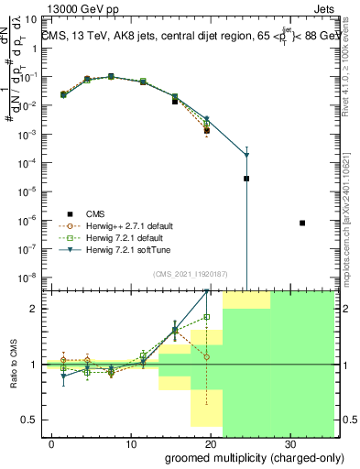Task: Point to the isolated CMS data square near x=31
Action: [x=302, y=223]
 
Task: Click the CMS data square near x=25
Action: [x=246, y=179]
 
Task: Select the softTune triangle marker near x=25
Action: [x=246, y=155]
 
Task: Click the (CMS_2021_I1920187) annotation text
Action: [x=190, y=274]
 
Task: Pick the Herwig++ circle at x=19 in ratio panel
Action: [x=207, y=357]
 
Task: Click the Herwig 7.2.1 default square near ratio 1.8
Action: [x=207, y=317]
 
